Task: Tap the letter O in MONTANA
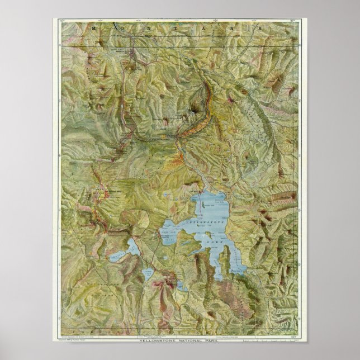click(116, 27)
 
